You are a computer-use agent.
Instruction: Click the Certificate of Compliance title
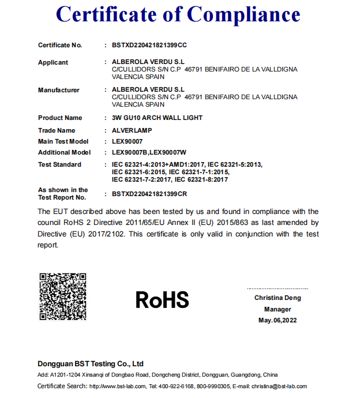point(179,15)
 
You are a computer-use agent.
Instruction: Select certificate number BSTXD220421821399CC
point(149,45)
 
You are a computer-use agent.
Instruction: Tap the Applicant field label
point(53,62)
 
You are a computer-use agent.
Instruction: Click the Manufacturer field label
point(59,90)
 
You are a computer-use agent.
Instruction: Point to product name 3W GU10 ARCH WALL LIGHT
point(157,118)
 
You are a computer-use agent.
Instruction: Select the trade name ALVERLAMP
point(132,130)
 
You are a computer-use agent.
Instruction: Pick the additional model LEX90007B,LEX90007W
point(149,153)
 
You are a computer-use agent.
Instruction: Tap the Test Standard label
point(59,164)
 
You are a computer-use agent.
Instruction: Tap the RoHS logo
point(162,300)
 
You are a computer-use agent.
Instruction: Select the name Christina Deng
point(277,298)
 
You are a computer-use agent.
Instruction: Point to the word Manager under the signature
point(277,309)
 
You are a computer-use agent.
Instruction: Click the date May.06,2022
point(277,320)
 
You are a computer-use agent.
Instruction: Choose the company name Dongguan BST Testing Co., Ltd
point(91,364)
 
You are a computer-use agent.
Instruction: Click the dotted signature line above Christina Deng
point(277,288)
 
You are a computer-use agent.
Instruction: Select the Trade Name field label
point(57,130)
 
